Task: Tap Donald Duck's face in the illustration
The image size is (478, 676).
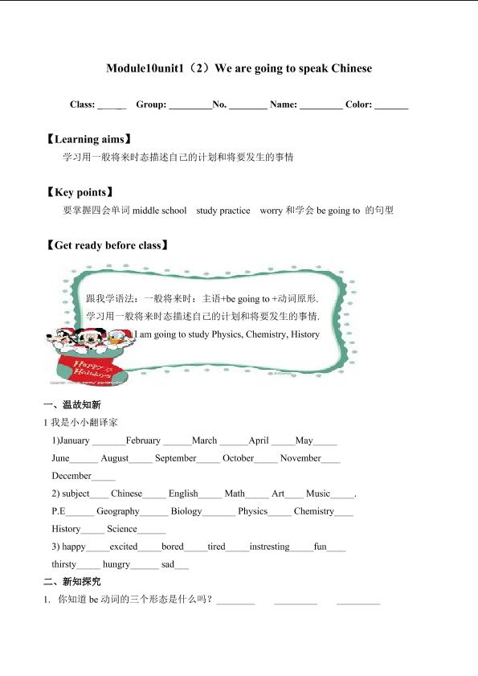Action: (x=118, y=338)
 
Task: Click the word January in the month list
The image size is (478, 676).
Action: (x=74, y=440)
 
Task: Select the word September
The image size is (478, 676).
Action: (x=175, y=458)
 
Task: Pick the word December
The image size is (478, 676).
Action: (x=71, y=476)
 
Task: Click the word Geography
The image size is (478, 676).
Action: (x=117, y=511)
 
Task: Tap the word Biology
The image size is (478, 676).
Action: (x=186, y=511)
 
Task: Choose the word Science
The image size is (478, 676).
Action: (x=122, y=529)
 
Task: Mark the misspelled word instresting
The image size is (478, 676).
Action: (x=269, y=547)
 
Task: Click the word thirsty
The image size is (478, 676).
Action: (x=65, y=564)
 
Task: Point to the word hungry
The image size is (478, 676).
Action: (x=116, y=564)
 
